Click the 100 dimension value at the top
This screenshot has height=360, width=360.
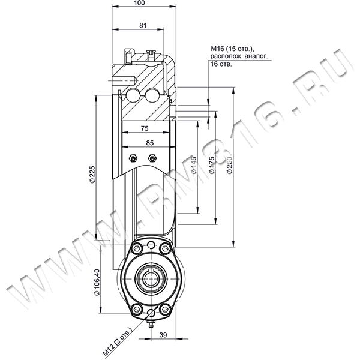(140, 3)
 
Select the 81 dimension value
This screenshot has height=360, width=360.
(143, 25)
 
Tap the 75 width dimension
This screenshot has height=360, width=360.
(145, 128)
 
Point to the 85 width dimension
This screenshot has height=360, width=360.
(149, 143)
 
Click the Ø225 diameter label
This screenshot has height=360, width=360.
(92, 174)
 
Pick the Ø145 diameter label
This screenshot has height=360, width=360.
(194, 165)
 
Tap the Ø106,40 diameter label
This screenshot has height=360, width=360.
(97, 282)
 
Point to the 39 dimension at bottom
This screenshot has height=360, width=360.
(163, 335)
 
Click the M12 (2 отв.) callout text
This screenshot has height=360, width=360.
(118, 342)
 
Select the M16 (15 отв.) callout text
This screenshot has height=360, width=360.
(232, 49)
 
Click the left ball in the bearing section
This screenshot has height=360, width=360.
(133, 94)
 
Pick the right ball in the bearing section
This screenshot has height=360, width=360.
(152, 94)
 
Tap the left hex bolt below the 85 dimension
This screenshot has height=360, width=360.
(133, 158)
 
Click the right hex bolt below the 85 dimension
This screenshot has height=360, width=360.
(152, 158)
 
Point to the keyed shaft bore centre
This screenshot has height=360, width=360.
(151, 278)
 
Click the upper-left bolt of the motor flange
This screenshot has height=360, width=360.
(137, 248)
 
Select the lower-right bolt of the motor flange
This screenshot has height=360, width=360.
(165, 309)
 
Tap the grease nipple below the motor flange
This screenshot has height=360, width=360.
(151, 324)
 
